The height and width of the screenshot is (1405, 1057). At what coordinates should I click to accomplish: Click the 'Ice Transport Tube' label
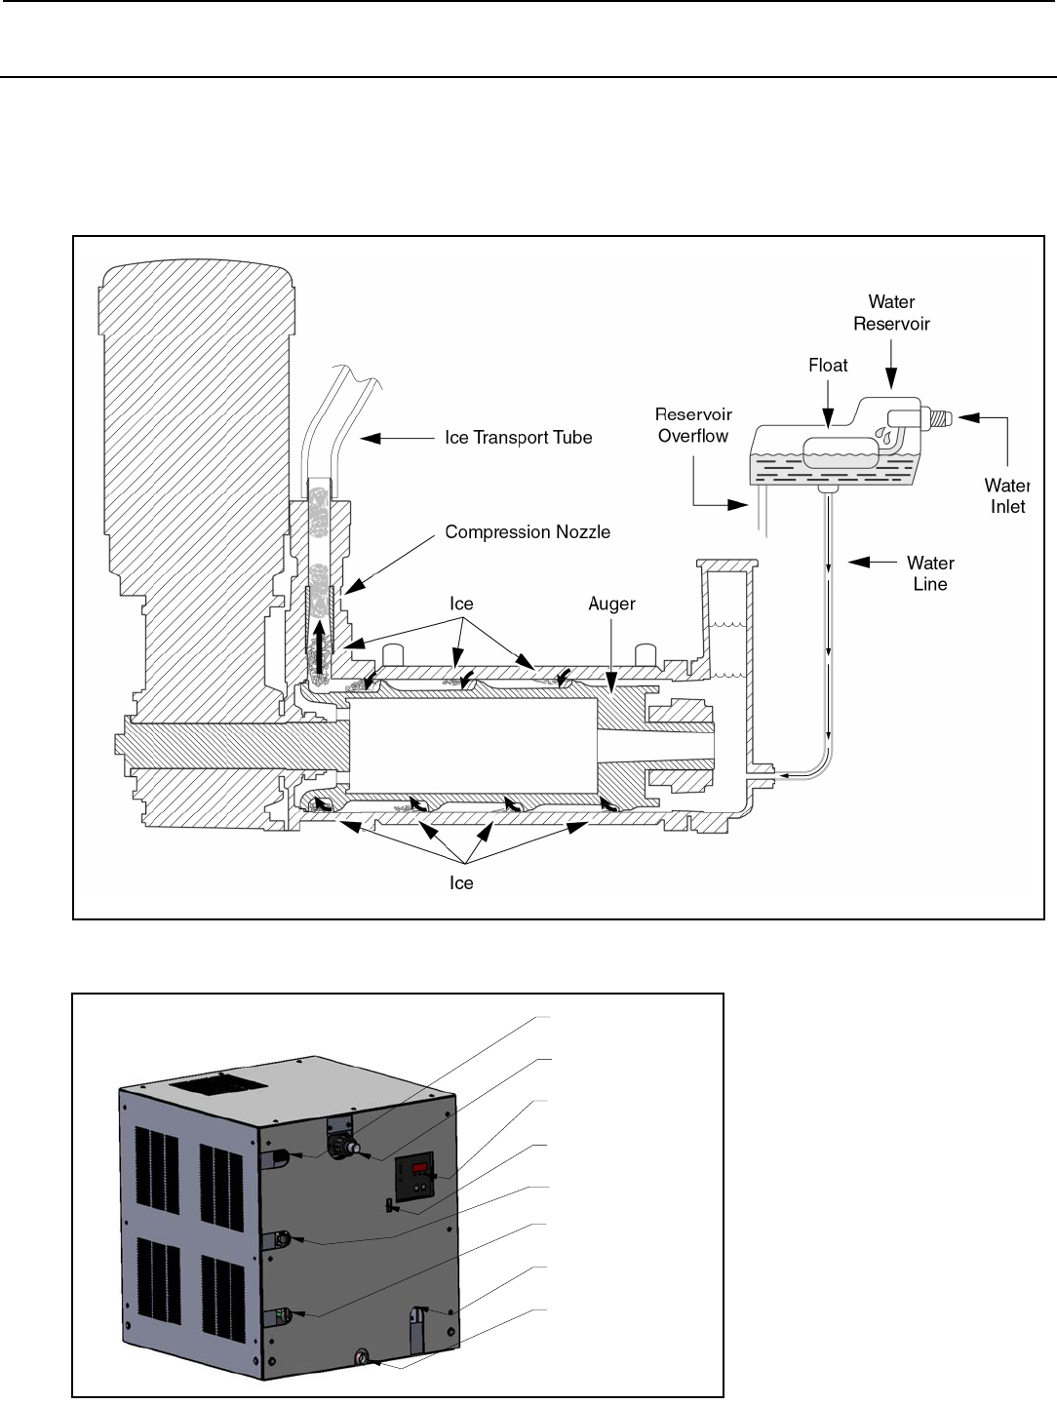519,438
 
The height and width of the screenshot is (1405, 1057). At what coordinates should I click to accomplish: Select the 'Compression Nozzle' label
528,532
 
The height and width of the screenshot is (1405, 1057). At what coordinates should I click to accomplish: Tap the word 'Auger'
611,605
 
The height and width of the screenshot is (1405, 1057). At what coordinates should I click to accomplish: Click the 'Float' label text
828,366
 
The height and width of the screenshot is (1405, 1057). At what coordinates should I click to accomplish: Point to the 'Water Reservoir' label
891,312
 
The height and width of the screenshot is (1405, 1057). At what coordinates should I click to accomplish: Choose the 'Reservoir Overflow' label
693,425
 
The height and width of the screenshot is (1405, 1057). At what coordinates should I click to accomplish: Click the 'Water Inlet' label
1007,496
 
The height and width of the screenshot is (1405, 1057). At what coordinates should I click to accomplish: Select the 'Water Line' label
930,573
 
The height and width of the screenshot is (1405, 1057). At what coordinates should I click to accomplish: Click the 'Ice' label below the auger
461,883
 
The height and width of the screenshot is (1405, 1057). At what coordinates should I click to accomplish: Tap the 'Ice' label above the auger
461,604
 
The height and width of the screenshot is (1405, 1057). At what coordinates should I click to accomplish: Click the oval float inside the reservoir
841,451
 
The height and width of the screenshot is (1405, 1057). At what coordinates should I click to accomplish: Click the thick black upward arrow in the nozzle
318,647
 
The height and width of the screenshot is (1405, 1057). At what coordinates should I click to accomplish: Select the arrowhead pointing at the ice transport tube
371,439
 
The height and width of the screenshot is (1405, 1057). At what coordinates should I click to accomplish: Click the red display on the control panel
420,1168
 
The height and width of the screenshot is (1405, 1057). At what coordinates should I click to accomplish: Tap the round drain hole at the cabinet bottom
362,1354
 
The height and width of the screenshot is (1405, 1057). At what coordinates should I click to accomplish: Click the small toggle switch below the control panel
389,1205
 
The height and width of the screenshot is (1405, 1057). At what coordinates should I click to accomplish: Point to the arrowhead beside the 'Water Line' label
859,562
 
